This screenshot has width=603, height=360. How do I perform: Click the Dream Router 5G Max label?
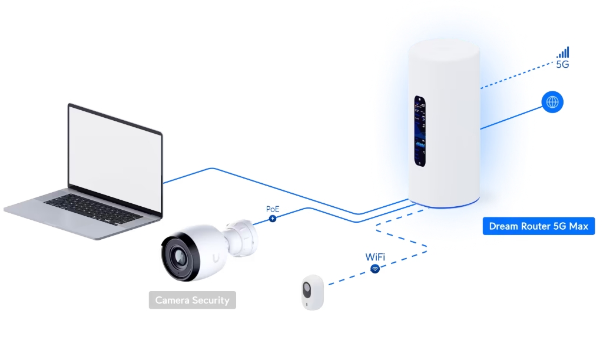tap(539, 226)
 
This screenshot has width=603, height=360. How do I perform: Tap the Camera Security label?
tap(192, 300)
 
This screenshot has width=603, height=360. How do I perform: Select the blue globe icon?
tap(552, 103)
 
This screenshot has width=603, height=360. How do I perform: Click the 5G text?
tap(562, 65)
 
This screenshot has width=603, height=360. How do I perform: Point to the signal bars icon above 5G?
tap(563, 52)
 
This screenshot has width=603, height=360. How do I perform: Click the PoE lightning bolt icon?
tap(273, 219)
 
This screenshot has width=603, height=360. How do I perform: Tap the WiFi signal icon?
tap(375, 269)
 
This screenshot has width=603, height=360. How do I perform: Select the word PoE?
tap(273, 209)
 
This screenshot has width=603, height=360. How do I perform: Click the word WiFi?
tap(375, 257)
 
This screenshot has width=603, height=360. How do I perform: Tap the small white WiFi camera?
tap(312, 292)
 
